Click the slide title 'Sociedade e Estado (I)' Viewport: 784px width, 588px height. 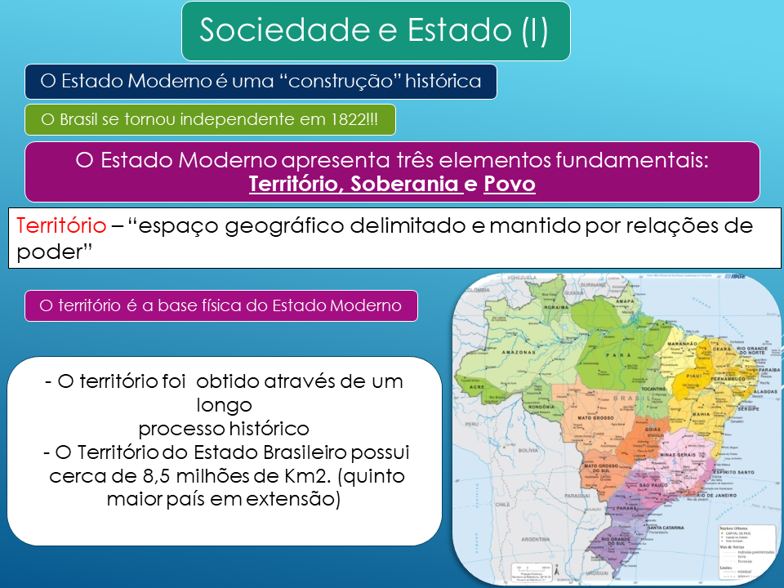coord(375,30)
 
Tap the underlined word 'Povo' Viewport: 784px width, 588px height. coord(509,184)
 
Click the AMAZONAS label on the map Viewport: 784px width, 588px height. coord(519,351)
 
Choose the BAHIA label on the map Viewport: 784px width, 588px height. coord(702,414)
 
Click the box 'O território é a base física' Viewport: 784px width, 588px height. coord(221,305)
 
